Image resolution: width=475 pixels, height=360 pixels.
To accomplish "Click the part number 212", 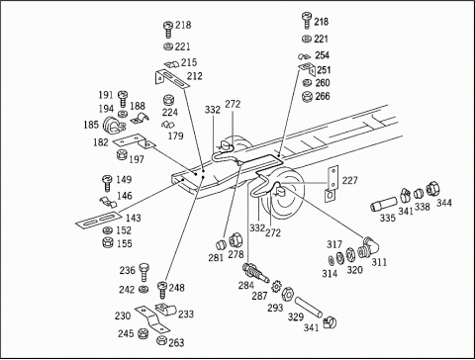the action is point(194,76).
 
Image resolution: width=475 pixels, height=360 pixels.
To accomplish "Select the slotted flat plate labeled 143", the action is point(96,220).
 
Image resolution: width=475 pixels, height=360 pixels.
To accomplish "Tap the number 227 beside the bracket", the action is point(349,181).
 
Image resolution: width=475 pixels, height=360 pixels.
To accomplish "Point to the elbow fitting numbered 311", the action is point(368,247).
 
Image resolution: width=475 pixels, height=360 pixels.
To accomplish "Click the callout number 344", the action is point(444,203).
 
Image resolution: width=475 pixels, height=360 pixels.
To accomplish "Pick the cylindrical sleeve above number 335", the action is point(384,204).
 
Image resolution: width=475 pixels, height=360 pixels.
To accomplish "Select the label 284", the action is point(246,285).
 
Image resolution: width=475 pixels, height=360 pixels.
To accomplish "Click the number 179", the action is point(175,135).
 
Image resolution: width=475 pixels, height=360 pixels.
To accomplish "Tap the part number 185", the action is point(91,125).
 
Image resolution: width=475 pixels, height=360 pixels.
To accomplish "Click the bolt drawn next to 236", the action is point(143,272).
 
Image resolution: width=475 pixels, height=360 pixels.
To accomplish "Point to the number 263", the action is point(176,343).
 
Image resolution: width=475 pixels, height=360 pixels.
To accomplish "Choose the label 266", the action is point(323,96).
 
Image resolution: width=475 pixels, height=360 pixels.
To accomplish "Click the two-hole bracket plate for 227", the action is point(332,184).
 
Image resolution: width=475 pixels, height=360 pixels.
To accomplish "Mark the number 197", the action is point(137,159).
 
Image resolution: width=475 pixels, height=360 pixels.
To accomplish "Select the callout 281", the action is point(216,258).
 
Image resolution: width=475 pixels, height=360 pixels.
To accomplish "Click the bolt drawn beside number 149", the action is point(108,183).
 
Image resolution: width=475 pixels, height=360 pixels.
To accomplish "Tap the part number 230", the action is point(123,315).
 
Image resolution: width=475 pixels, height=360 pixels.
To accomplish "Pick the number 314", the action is point(330,273).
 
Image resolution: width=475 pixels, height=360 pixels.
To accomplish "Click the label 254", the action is point(322,55).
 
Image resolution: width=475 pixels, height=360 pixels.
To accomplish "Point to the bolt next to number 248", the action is point(162,290).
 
